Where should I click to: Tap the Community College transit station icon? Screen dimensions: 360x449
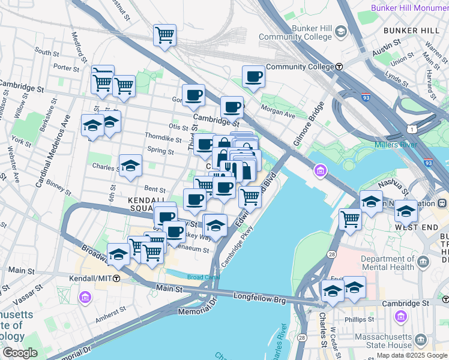(x=339, y=67)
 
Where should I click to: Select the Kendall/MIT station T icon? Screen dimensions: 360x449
(x=116, y=278)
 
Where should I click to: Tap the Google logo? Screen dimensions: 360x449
(x=20, y=353)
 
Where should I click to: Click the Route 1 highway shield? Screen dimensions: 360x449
(x=410, y=128)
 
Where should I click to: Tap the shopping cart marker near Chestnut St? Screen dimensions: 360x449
(x=164, y=34)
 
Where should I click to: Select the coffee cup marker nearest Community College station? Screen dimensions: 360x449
(x=253, y=77)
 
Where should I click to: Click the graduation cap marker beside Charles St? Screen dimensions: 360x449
(x=130, y=166)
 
